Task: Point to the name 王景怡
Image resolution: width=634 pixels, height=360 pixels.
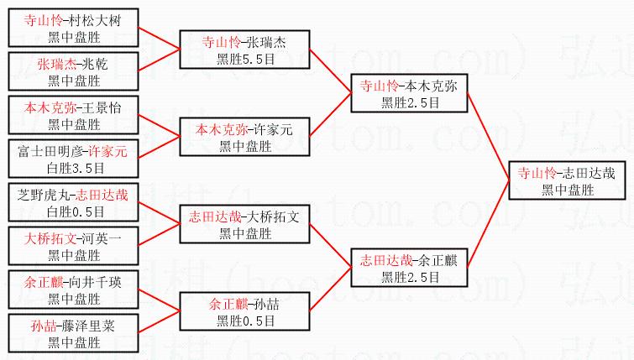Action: coord(101,108)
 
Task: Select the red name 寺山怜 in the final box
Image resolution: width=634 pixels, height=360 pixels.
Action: coord(537,173)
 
